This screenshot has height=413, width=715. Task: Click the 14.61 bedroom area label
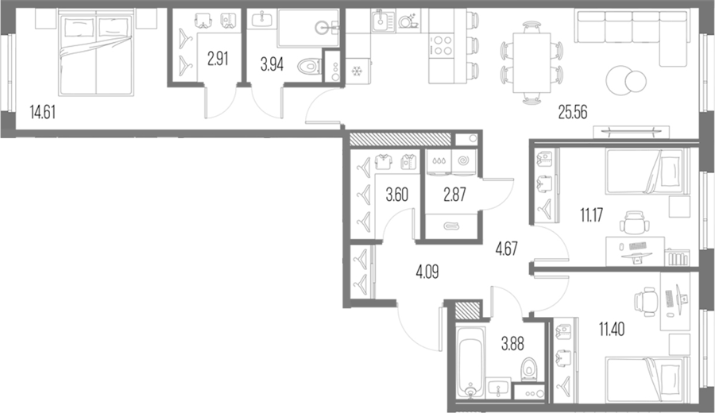(42, 112)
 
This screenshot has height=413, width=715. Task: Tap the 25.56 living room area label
(573, 112)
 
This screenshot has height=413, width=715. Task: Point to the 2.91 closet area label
(218, 59)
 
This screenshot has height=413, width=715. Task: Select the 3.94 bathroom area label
(272, 65)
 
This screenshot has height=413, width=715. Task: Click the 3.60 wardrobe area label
(396, 195)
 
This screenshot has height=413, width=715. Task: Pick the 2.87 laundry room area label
(454, 195)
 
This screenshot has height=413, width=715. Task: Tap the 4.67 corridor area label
(507, 249)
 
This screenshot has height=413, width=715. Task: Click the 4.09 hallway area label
(427, 272)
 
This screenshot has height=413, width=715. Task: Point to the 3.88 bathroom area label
(512, 344)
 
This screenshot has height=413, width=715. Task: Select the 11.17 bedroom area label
(591, 214)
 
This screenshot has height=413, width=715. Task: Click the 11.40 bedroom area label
(612, 328)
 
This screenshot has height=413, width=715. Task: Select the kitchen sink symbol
(383, 21)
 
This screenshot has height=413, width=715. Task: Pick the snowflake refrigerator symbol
(356, 71)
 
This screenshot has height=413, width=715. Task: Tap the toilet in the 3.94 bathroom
(309, 68)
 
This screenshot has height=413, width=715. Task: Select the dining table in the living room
(531, 63)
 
